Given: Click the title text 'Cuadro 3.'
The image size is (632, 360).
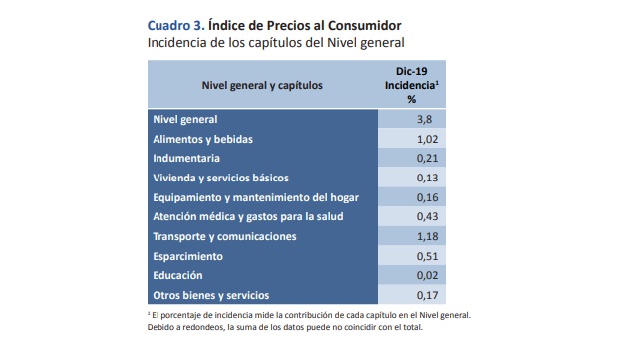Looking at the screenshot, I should [176, 23].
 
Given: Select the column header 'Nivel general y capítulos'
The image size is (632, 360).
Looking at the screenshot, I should [262, 85].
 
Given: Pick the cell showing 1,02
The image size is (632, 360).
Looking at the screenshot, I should [424, 140].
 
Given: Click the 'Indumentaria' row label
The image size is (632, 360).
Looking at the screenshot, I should [186, 159].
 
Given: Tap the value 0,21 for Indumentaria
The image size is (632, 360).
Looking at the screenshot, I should [424, 159].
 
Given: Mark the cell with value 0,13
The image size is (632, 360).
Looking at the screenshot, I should [424, 179].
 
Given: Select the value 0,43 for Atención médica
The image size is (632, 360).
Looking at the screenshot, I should [424, 217].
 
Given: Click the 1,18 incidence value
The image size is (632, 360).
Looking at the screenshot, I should [424, 236].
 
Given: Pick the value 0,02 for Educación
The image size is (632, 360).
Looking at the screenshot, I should [424, 275].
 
